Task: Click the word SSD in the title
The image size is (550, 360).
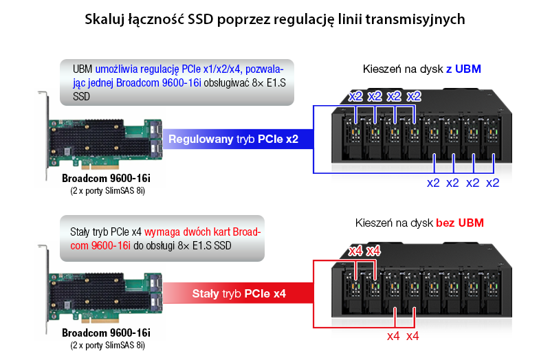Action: point(200,19)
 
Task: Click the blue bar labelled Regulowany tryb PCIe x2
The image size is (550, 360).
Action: point(238,139)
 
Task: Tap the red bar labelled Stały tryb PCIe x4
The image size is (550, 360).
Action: point(238,293)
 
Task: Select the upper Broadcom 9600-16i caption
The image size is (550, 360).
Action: point(106,178)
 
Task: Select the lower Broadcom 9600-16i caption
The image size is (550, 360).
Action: point(106,333)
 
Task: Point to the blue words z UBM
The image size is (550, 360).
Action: point(463,69)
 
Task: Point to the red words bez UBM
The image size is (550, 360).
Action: point(460,223)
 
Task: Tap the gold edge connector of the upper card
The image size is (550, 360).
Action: point(100,165)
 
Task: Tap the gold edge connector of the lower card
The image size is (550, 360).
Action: point(100,319)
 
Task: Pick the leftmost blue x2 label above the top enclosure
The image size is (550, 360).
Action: point(355,96)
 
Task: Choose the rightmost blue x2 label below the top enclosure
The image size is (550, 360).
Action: point(492,183)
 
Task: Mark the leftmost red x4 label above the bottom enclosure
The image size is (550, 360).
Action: point(355,251)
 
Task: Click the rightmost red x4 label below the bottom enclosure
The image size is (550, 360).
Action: point(412,336)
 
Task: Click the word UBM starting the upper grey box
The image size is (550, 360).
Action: point(82,69)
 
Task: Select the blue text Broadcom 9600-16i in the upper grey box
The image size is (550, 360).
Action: point(159,82)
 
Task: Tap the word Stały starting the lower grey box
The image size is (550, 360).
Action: point(80,232)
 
